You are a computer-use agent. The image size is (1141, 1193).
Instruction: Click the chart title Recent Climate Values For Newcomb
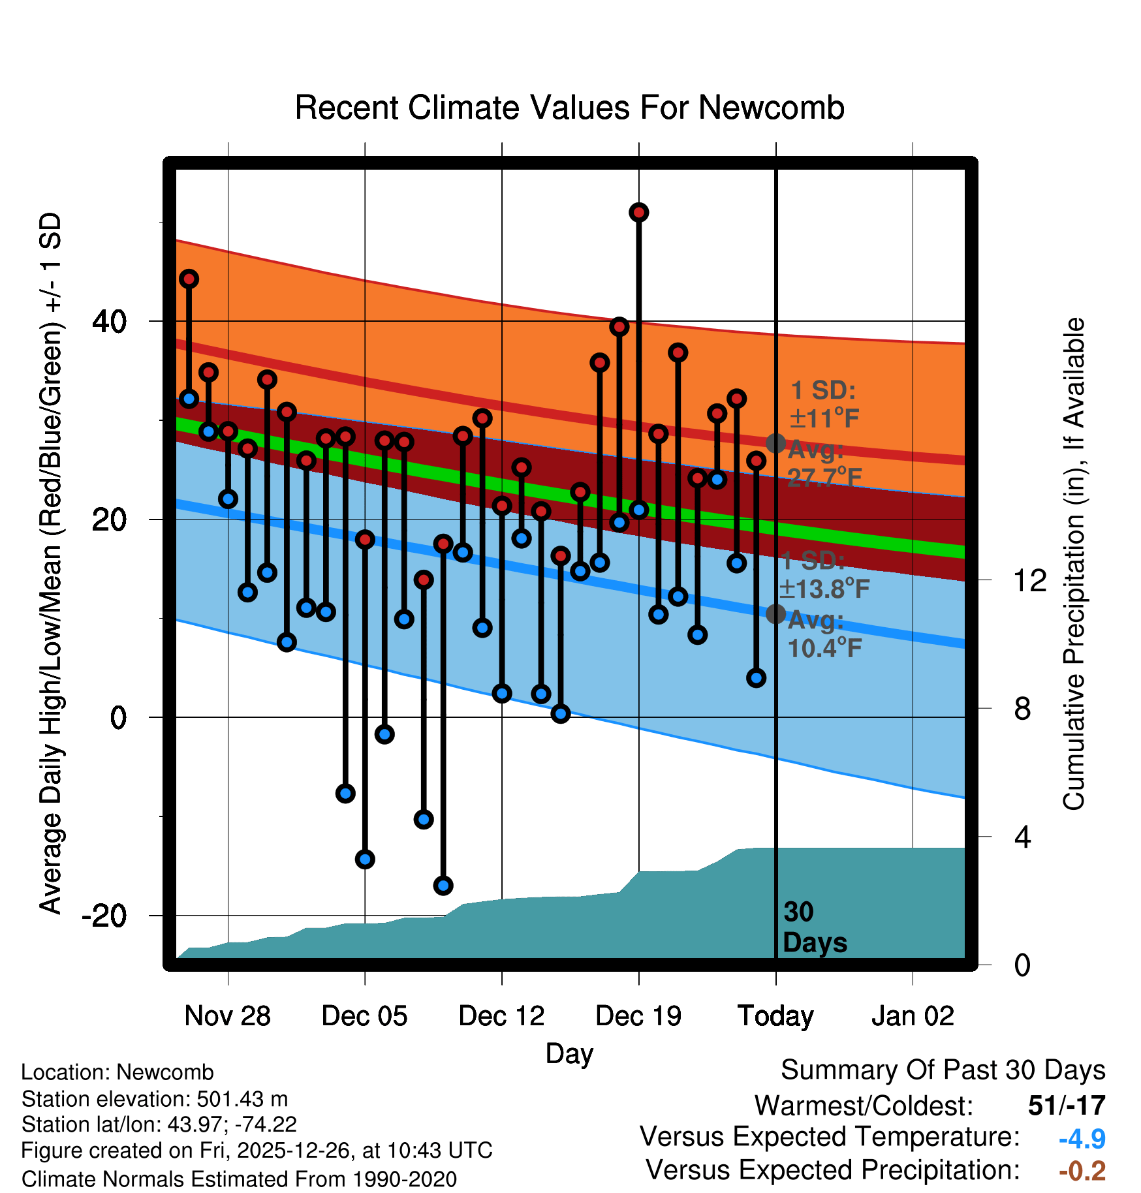coord(569,108)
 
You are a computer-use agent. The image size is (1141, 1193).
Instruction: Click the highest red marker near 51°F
coord(638,212)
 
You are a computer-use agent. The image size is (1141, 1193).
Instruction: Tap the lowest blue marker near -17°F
coord(443,886)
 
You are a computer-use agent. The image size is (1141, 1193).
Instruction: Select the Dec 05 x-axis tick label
coord(364,1016)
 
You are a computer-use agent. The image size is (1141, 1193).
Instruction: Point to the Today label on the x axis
coord(775,1016)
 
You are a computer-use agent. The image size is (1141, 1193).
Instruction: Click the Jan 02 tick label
coord(913,1016)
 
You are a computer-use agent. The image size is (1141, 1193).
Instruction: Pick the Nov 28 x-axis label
coord(227,1016)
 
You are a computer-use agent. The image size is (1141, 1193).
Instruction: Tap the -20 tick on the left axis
coord(104,916)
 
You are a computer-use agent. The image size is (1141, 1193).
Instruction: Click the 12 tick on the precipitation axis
coord(1029,580)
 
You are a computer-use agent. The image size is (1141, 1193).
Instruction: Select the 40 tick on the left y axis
coord(110,321)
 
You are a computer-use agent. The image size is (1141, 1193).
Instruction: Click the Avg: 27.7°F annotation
coord(824,464)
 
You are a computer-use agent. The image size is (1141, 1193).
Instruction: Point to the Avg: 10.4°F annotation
coord(824,634)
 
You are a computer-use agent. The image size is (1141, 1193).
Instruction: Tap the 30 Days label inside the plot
coord(814,927)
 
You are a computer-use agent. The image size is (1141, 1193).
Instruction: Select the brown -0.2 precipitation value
coord(1082,1171)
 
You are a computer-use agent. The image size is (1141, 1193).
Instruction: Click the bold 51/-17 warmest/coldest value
coord(1067,1106)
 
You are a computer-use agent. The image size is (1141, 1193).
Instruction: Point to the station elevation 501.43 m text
coord(155,1099)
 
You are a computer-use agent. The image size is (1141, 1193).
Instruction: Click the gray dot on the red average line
coord(775,443)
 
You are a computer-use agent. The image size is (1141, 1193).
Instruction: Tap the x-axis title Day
coord(569,1053)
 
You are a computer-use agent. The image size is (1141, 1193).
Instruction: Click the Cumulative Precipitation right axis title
coord(1074,564)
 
